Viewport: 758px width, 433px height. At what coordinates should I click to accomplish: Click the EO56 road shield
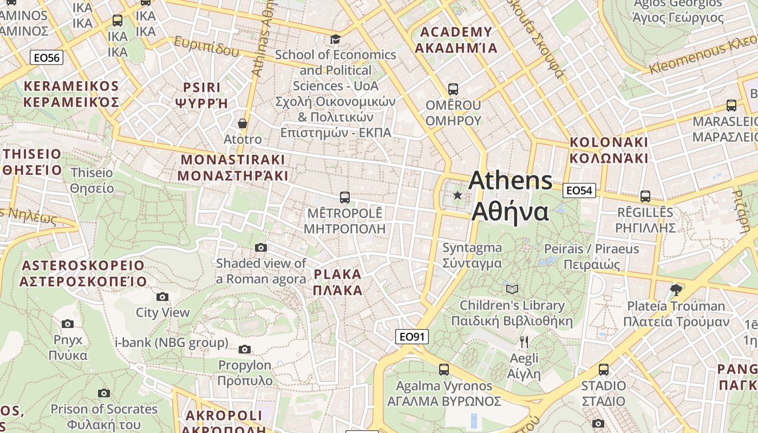click(47, 57)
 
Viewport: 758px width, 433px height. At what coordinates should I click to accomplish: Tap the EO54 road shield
click(579, 190)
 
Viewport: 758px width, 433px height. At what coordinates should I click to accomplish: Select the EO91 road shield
click(411, 337)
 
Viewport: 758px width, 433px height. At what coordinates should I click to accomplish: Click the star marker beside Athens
click(458, 195)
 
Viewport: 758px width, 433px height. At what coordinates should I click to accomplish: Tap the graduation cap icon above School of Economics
click(336, 39)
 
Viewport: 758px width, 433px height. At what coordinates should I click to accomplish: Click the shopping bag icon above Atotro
click(243, 123)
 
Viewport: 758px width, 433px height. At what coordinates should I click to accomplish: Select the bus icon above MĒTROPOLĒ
click(344, 197)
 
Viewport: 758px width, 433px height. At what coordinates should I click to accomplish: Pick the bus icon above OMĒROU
click(453, 89)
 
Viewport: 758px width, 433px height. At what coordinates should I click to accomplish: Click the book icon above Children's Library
click(512, 289)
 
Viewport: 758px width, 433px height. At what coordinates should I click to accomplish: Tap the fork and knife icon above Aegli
click(524, 342)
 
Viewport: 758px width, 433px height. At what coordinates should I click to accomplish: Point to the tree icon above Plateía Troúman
click(676, 290)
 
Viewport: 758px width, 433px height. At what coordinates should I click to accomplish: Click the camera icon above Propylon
click(245, 349)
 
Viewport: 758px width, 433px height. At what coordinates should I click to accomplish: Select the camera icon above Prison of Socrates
click(104, 393)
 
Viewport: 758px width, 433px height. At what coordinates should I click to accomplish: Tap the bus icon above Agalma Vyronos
click(444, 370)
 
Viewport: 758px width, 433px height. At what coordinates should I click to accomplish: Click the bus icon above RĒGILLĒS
click(645, 196)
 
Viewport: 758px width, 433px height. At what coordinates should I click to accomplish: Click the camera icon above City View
click(162, 297)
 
